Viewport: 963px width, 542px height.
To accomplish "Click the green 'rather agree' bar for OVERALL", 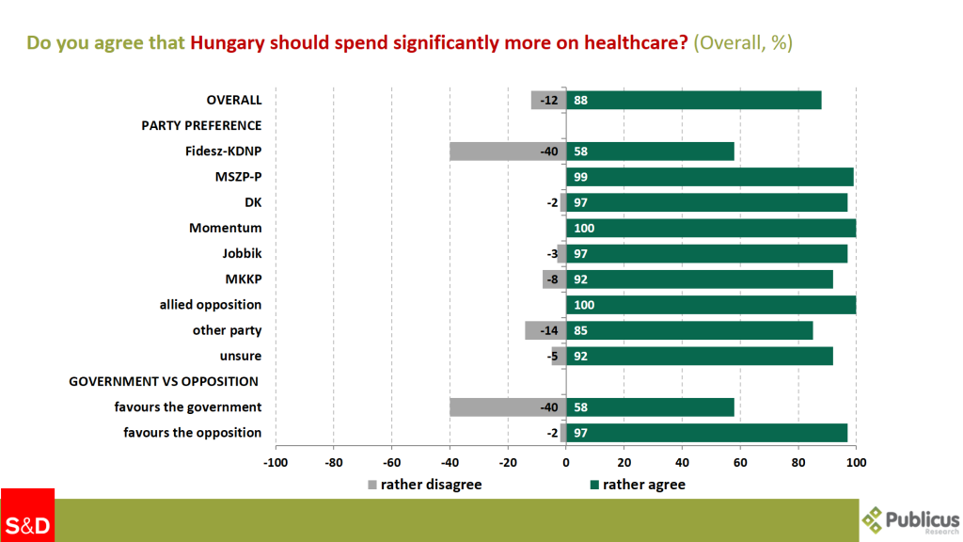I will pos(694,100).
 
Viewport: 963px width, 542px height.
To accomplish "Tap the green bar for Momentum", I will pos(711,228).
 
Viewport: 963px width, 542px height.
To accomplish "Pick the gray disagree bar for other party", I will pos(545,330).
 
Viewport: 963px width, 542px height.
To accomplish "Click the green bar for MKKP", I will pos(700,279).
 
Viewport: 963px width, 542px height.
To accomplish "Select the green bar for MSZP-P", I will pos(710,177).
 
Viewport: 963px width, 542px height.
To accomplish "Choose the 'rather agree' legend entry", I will pos(637,485).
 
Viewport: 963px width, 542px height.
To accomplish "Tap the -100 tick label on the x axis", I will pos(276,462).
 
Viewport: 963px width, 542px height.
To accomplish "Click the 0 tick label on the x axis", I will pos(566,462).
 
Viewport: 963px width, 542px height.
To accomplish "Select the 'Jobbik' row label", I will pos(242,254).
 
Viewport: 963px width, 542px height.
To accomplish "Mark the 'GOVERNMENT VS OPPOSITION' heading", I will pos(165,381).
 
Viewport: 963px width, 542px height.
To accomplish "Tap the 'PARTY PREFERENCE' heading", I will pos(201,125).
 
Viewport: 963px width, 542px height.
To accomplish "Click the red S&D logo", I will pos(27,516).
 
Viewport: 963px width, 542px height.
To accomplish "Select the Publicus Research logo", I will pos(910,518).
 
